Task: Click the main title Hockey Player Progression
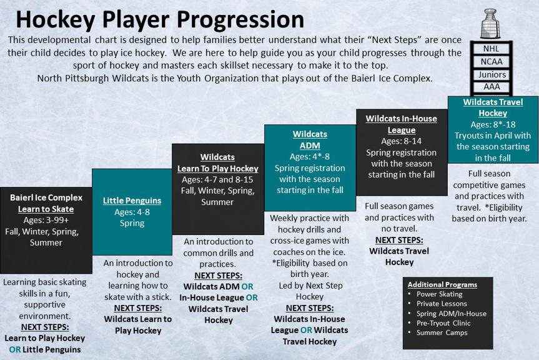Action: [160, 19]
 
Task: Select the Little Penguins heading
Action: [132, 201]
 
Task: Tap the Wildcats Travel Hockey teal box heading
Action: [493, 107]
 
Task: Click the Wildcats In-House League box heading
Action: [401, 124]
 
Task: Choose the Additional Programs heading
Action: [442, 284]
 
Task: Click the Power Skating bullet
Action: [440, 294]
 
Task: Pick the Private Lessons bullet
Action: [442, 304]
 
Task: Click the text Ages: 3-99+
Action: [46, 220]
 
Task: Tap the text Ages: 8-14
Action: [401, 141]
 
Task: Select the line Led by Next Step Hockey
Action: [309, 291]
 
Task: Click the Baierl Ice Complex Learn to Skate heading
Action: [46, 203]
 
